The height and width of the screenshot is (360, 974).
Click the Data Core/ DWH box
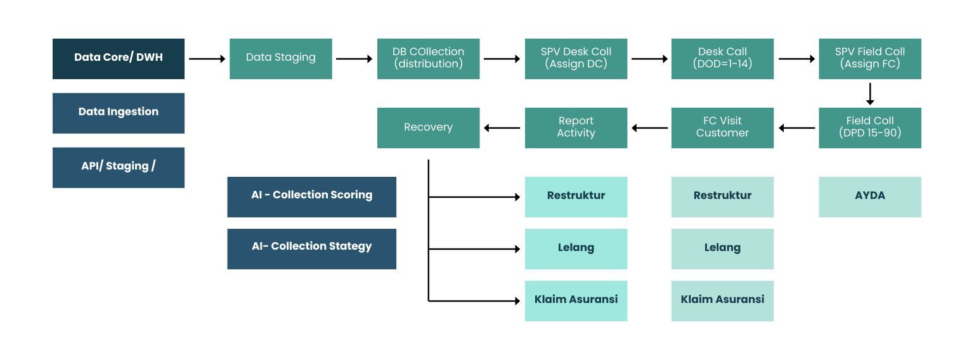point(119,58)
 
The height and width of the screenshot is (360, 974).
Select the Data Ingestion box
point(119,113)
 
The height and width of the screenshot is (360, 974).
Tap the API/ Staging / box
point(119,167)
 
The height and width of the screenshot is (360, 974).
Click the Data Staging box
point(280,58)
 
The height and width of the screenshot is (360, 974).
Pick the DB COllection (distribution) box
point(428,58)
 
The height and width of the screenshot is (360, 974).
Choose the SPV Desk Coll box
point(576,58)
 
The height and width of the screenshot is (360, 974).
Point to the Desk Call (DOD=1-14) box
point(722,58)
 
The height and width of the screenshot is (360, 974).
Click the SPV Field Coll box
point(869,58)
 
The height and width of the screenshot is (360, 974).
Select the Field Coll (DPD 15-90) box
point(869,127)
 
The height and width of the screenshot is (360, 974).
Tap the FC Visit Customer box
point(722,127)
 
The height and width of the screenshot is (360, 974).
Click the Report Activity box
point(576,127)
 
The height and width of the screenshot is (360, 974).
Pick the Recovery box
point(428,127)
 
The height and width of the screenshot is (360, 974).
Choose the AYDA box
point(869,196)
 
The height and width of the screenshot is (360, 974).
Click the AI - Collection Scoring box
point(311,196)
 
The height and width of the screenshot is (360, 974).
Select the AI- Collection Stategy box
point(311,248)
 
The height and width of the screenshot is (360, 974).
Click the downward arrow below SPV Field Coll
point(869,94)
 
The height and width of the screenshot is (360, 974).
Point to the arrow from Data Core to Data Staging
point(207,59)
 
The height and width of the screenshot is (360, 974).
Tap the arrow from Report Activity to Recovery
point(502,128)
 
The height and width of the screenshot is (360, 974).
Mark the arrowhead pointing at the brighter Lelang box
point(517,249)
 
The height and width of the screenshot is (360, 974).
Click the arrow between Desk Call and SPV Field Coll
point(796,59)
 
